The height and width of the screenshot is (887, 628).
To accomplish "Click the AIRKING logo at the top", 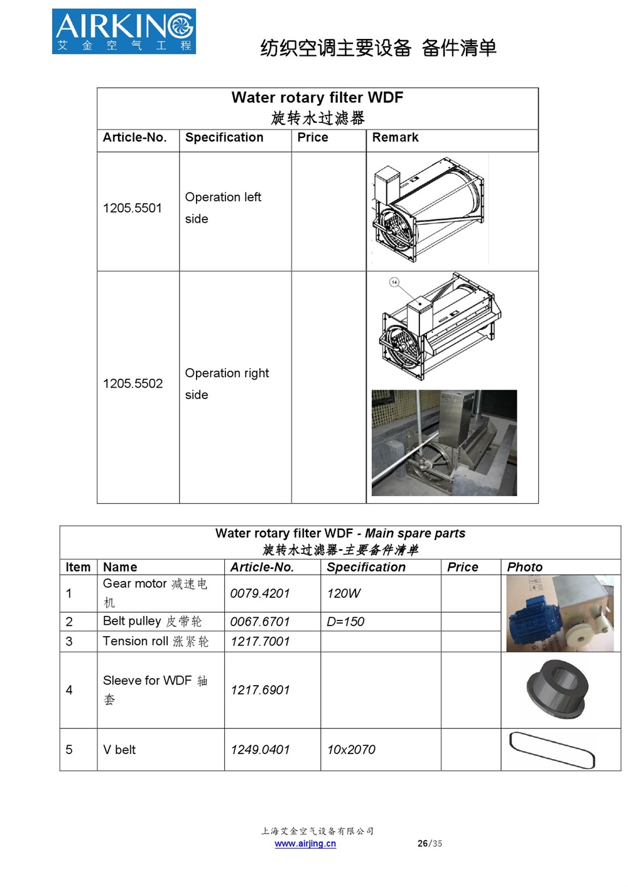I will point(124,31).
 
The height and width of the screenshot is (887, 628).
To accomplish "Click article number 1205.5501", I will point(133,208).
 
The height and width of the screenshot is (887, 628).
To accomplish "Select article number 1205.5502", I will point(133,383).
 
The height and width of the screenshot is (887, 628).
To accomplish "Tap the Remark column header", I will point(395,137).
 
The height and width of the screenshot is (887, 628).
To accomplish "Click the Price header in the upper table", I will point(313,137).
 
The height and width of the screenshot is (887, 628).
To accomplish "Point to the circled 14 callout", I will point(394,282).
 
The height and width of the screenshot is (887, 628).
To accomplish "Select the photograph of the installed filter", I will point(444,443).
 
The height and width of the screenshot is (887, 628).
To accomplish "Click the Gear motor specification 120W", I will point(344,593).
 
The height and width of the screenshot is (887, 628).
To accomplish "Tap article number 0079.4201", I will point(260,593).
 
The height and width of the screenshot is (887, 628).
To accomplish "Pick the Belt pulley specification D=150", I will point(345,622).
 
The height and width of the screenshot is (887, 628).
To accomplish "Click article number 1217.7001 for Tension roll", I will point(260,642).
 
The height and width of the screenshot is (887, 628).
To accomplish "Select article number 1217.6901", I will point(260,690).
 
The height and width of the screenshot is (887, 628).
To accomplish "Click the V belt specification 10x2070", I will point(351,750).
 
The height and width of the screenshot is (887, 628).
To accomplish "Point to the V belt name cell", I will point(119,750).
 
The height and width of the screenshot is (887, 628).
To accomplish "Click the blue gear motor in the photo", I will point(531,621).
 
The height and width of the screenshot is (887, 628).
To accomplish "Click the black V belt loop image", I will point(552,750).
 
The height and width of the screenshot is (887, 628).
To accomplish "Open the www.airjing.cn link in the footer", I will point(305,844).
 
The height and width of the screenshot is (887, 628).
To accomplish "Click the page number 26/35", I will point(430,844).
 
